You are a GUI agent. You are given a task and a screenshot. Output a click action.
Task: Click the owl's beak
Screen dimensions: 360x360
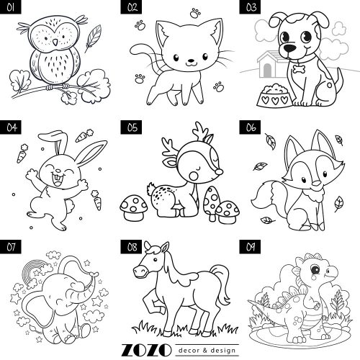(55, 42)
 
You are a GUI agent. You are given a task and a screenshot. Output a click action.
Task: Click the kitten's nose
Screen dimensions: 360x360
(192, 60)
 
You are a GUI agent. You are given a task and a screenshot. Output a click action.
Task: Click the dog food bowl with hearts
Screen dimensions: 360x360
(274, 95)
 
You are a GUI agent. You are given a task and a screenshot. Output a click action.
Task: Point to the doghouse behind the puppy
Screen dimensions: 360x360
(271, 64)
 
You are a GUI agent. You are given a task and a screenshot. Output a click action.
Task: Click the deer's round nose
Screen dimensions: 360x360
(219, 171)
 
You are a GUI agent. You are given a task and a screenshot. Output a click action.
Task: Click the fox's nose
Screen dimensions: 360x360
(317, 184)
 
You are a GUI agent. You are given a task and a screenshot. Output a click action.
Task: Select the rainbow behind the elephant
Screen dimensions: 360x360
(33, 271)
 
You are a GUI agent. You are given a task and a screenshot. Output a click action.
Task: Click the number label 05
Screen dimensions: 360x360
(131, 127)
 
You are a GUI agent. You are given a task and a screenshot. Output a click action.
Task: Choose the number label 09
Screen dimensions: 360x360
(250, 247)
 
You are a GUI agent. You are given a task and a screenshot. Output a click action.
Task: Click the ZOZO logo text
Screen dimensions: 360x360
(146, 351)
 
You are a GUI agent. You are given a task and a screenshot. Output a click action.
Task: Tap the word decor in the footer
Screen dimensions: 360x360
(189, 351)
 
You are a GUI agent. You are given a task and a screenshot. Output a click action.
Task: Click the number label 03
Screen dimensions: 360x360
(250, 7)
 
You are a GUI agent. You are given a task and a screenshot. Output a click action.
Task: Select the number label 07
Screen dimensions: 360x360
(11, 247)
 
